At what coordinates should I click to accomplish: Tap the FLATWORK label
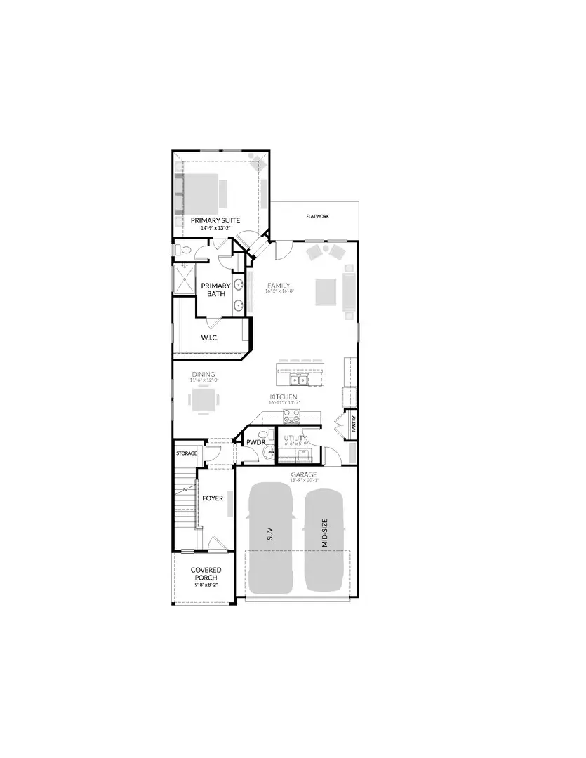pyautogui.click(x=317, y=217)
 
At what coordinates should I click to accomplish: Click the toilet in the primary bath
pyautogui.click(x=182, y=250)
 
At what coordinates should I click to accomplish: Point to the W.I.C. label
pyautogui.click(x=211, y=338)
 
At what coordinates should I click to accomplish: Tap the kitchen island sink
pyautogui.click(x=300, y=380)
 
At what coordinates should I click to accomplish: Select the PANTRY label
pyautogui.click(x=354, y=425)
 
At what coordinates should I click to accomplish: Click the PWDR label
pyautogui.click(x=254, y=442)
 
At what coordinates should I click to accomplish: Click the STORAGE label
pyautogui.click(x=187, y=453)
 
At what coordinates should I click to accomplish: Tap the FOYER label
pyautogui.click(x=213, y=498)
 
